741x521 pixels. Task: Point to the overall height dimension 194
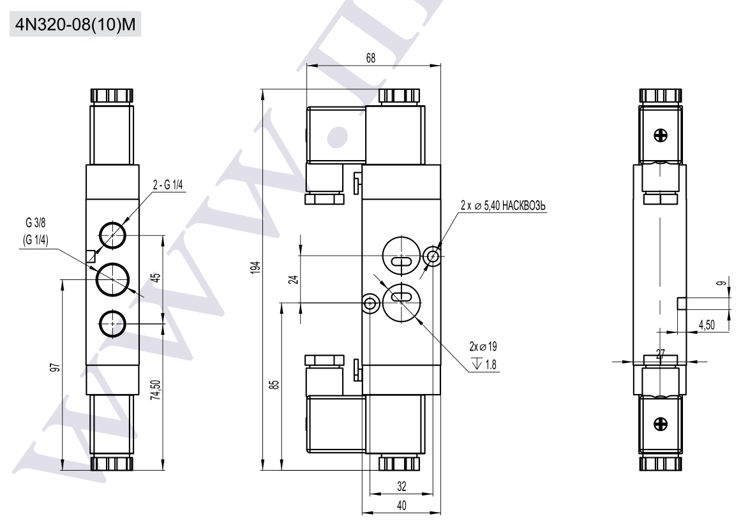click(x=254, y=268)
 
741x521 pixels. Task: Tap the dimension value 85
click(x=273, y=386)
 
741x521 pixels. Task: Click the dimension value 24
click(x=292, y=279)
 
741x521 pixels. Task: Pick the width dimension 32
click(x=400, y=486)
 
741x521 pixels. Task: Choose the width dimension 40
click(x=400, y=504)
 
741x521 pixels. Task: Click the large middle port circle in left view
click(x=112, y=279)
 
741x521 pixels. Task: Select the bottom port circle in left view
click(x=112, y=325)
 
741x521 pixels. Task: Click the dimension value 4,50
click(x=707, y=325)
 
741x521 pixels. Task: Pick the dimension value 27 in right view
click(x=660, y=355)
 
